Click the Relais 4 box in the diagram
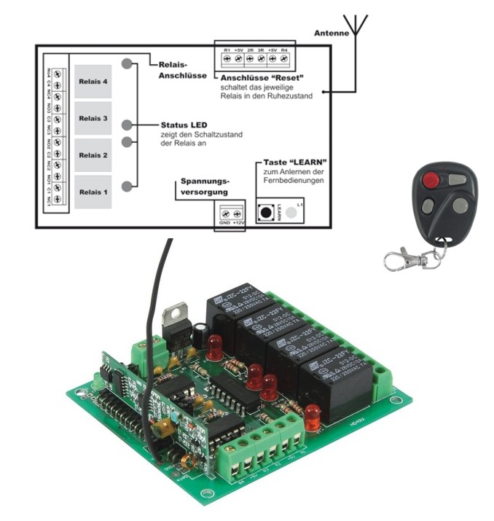[93, 82]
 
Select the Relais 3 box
[93, 118]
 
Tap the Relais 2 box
[93, 155]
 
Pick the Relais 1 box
[93, 192]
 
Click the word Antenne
[326, 34]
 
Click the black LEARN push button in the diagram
[269, 213]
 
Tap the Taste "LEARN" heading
[291, 161]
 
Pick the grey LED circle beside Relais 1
[128, 187]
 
